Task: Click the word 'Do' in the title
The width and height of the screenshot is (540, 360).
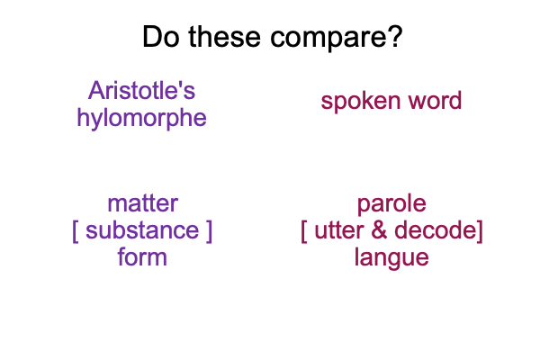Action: pyautogui.click(x=161, y=36)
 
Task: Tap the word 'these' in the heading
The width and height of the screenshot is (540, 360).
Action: pyautogui.click(x=224, y=36)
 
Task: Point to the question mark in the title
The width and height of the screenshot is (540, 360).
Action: pyautogui.click(x=395, y=36)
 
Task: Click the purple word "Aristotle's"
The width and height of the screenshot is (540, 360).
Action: pyautogui.click(x=141, y=91)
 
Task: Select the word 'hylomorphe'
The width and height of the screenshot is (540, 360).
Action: pyautogui.click(x=141, y=119)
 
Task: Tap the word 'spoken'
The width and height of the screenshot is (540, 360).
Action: pyautogui.click(x=361, y=102)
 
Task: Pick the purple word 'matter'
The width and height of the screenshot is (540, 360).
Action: pyautogui.click(x=142, y=203)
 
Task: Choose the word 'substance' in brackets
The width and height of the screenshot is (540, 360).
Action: pyautogui.click(x=142, y=230)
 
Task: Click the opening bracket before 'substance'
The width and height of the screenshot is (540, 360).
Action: pyautogui.click(x=76, y=231)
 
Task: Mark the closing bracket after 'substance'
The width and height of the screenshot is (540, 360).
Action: pyautogui.click(x=209, y=231)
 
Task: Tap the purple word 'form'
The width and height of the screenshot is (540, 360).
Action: pyautogui.click(x=142, y=256)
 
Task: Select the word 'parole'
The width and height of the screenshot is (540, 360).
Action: pyautogui.click(x=391, y=204)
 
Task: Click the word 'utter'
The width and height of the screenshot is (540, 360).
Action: pyautogui.click(x=339, y=230)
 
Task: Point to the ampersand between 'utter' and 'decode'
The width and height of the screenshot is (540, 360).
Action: pyautogui.click(x=379, y=230)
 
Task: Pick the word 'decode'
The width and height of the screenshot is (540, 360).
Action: pyautogui.click(x=435, y=229)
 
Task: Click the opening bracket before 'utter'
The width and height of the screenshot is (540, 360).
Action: pyautogui.click(x=304, y=231)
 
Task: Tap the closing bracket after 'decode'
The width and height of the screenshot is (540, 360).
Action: pyautogui.click(x=480, y=231)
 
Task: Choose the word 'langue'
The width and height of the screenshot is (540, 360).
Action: pyautogui.click(x=391, y=258)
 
